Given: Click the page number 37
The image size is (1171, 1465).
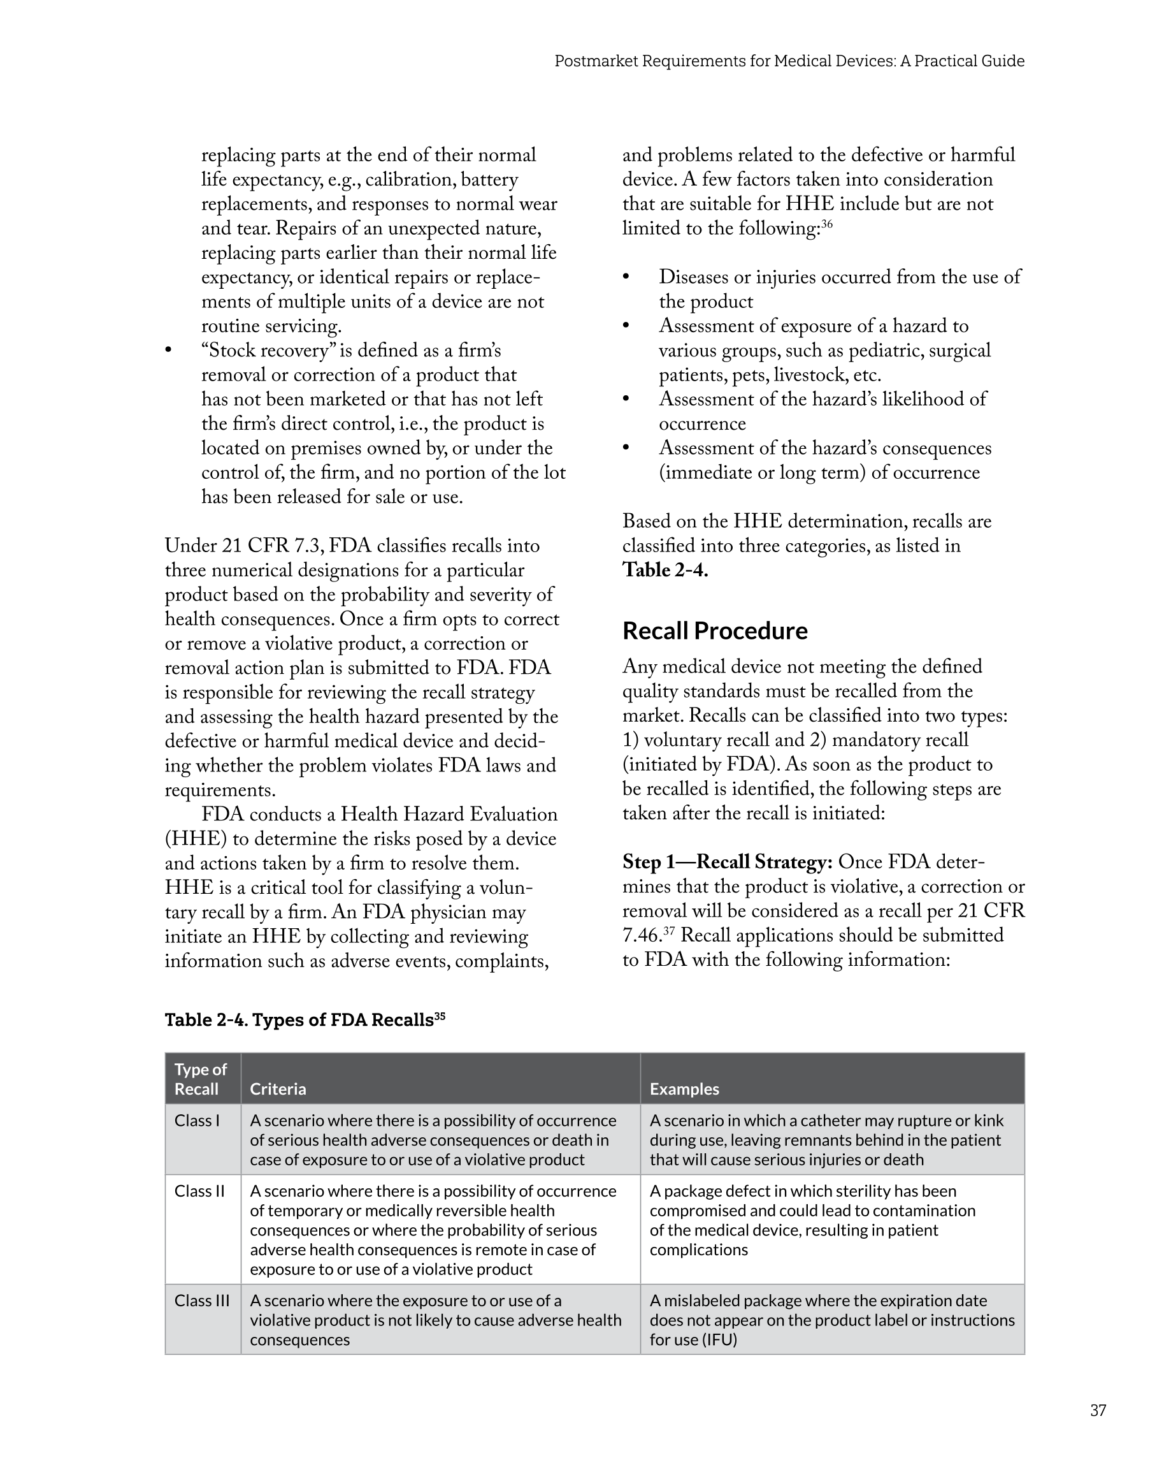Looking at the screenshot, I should [1098, 1411].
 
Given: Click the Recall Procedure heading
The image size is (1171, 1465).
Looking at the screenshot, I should [715, 630].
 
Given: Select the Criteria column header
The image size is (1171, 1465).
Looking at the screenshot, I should [278, 1089].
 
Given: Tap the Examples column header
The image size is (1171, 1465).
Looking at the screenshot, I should [684, 1089].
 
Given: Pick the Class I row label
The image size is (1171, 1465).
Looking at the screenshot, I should [197, 1121].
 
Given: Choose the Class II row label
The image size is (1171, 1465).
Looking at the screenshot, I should [199, 1191].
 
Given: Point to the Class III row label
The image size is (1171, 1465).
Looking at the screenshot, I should [202, 1300].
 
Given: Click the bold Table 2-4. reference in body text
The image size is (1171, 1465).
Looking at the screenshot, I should [665, 570].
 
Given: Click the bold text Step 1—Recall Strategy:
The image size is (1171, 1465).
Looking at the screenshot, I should [727, 863].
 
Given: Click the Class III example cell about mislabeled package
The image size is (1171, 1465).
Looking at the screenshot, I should [831, 1320].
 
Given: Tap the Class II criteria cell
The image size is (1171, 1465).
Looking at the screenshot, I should [433, 1230].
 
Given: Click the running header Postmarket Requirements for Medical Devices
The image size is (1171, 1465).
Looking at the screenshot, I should [789, 61].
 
